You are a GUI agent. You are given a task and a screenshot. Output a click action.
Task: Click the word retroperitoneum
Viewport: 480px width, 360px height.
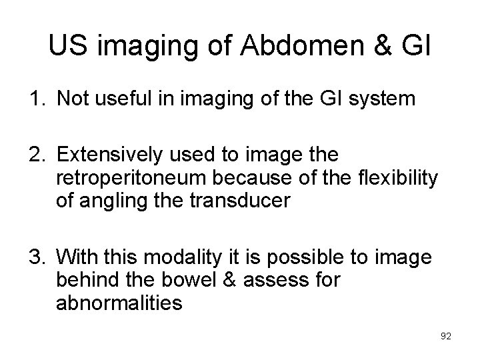tap(125, 179)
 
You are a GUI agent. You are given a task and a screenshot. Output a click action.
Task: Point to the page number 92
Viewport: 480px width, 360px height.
tap(445, 336)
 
